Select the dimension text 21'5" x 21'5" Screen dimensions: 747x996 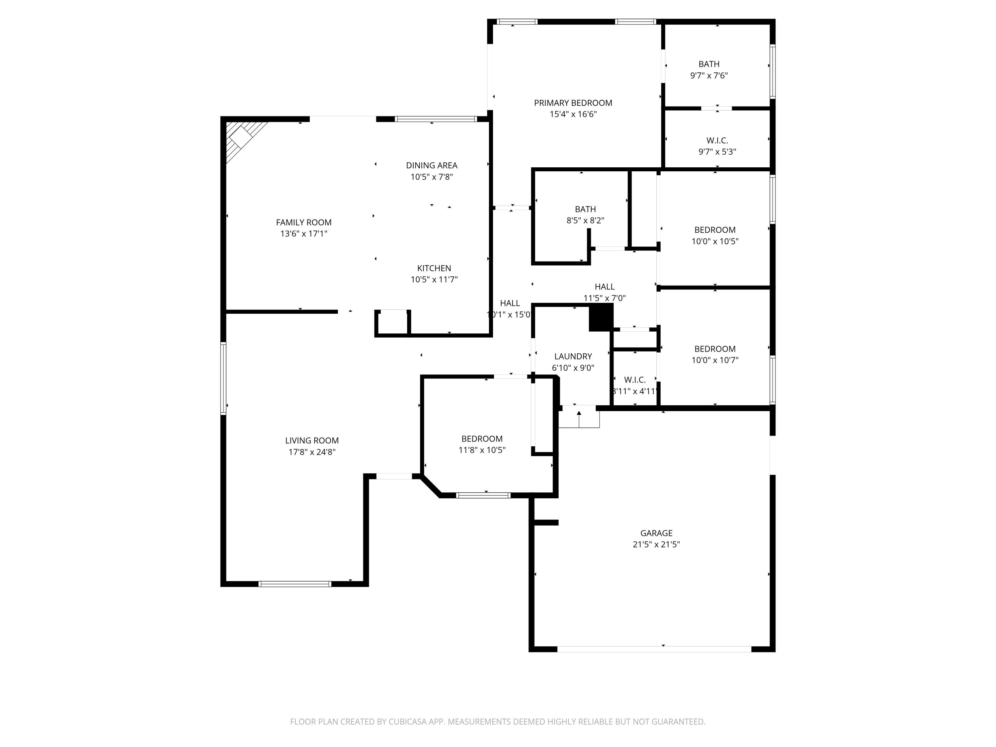pyautogui.click(x=656, y=544)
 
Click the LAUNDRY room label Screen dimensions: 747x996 pyautogui.click(x=573, y=356)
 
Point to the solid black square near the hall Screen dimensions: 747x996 pyautogui.click(x=601, y=317)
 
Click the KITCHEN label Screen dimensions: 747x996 pyautogui.click(x=434, y=268)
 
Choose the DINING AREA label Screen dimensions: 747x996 pyautogui.click(x=431, y=165)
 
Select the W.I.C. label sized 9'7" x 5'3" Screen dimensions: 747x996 pyautogui.click(x=717, y=140)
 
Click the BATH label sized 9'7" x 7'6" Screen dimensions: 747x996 pyautogui.click(x=709, y=64)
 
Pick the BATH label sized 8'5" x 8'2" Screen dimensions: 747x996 pyautogui.click(x=585, y=209)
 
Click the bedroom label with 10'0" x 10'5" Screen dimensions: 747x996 pyautogui.click(x=714, y=230)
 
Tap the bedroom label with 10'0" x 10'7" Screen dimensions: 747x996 pyautogui.click(x=714, y=349)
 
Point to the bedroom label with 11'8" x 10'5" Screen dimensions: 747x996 pyautogui.click(x=482, y=439)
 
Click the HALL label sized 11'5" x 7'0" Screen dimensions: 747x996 pyautogui.click(x=604, y=287)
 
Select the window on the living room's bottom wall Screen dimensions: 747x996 pyautogui.click(x=295, y=584)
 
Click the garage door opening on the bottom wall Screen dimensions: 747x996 pyautogui.click(x=654, y=649)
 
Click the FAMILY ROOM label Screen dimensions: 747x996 pyautogui.click(x=303, y=222)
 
